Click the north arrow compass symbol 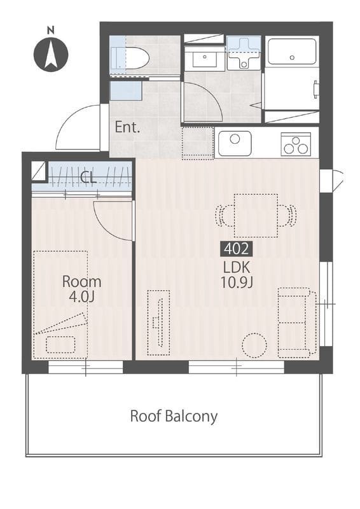point(51,54)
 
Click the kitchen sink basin point(235,143)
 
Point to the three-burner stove point(296,144)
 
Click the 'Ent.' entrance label point(128,127)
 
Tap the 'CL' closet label point(88,178)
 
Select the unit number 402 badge point(237,249)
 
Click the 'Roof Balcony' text point(174,416)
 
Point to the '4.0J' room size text point(81,297)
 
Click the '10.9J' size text point(237,282)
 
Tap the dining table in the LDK point(256,216)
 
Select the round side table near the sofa point(254,345)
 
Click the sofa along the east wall point(297,323)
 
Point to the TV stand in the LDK point(158,323)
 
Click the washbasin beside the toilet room point(205,59)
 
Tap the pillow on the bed point(60,345)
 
